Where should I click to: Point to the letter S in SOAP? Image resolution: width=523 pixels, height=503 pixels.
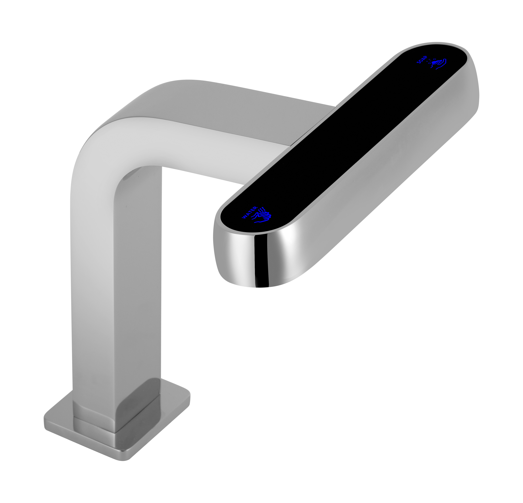point(419,62)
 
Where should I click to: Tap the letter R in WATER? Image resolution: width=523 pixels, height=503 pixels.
point(255,208)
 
